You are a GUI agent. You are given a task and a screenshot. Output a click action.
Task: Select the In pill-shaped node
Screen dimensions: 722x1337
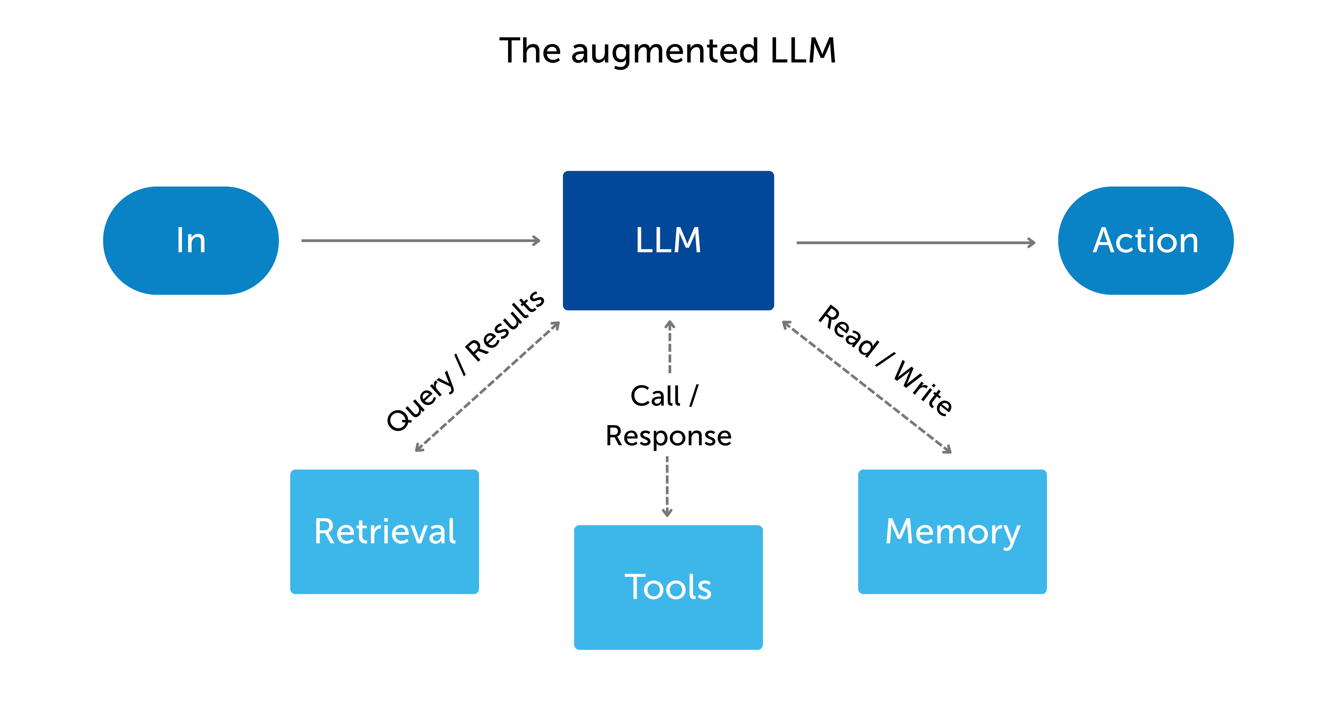click(x=191, y=240)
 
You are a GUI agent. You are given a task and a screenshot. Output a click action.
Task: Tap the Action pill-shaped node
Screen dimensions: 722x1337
click(x=1146, y=240)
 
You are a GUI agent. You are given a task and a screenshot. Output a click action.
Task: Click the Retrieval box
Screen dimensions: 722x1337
click(x=384, y=532)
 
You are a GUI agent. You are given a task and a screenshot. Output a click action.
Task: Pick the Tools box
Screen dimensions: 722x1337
click(x=668, y=587)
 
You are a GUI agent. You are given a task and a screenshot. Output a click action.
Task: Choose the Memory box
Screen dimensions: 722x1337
click(x=952, y=532)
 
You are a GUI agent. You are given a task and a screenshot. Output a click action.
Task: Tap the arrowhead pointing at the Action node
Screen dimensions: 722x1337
click(x=1032, y=242)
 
